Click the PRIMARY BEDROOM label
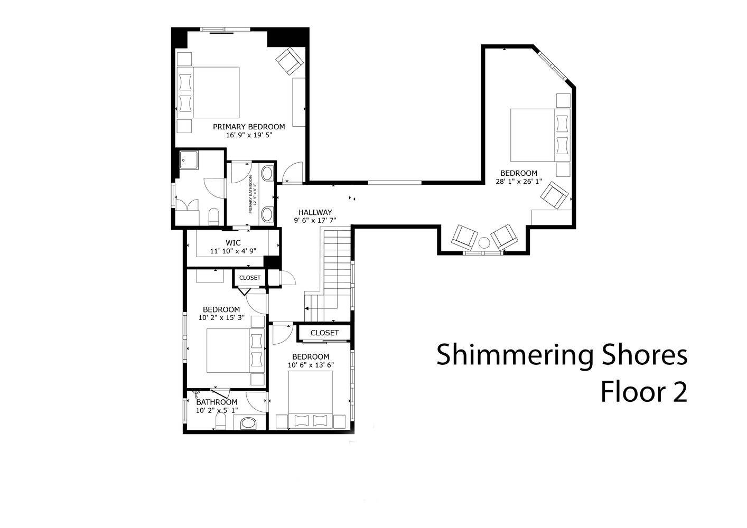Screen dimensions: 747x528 (x=249, y=127)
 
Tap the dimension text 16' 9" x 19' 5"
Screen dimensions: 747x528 (x=249, y=135)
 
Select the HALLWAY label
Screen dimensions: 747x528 (x=315, y=212)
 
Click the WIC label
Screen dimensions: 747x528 (x=233, y=243)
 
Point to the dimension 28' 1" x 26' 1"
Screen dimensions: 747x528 (x=519, y=181)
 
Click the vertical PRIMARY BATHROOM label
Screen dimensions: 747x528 (x=253, y=194)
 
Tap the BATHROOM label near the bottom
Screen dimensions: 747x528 (x=217, y=402)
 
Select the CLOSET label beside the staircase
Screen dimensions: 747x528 (x=324, y=333)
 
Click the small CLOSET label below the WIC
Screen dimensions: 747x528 (x=250, y=278)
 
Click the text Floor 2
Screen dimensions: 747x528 (x=644, y=392)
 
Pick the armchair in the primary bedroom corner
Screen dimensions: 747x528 (x=290, y=61)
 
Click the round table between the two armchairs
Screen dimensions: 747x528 (x=484, y=242)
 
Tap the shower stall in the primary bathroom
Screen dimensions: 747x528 (x=189, y=161)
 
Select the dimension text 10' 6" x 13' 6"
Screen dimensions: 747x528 (x=311, y=365)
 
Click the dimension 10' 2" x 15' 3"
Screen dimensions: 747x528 (x=221, y=318)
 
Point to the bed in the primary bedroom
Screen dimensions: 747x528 (x=208, y=92)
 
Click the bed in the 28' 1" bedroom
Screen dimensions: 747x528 (x=540, y=135)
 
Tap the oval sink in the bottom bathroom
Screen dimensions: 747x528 (x=248, y=423)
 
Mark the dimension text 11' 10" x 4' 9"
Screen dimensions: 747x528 (x=233, y=251)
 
